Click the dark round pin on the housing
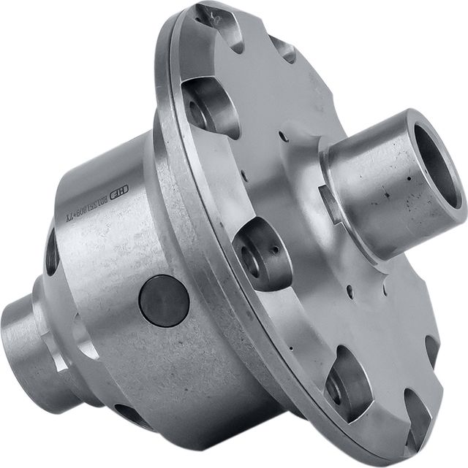(164, 300)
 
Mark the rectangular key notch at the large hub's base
(329, 204)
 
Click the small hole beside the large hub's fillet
(284, 135)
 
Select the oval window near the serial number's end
(51, 252)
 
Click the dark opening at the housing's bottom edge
(132, 416)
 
